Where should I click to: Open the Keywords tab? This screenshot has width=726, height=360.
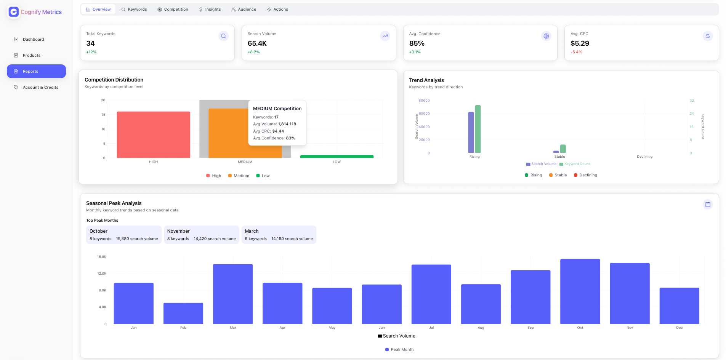click(134, 10)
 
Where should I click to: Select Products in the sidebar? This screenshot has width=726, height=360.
click(31, 56)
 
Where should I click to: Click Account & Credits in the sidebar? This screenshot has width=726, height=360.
click(40, 88)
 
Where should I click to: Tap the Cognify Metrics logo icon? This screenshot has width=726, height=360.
click(14, 12)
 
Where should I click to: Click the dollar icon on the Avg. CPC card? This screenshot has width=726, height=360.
click(708, 36)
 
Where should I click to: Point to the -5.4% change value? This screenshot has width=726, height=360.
click(576, 52)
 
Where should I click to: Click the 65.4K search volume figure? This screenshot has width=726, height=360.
click(257, 43)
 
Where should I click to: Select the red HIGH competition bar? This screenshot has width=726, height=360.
click(153, 134)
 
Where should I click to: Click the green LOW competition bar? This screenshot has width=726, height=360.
click(337, 157)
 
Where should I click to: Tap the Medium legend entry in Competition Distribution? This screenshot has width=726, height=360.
click(239, 176)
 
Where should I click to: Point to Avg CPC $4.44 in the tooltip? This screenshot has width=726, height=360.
click(268, 131)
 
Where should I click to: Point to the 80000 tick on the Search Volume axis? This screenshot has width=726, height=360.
click(424, 101)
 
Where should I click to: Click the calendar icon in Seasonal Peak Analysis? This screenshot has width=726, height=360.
click(708, 205)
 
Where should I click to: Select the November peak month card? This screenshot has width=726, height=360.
click(201, 235)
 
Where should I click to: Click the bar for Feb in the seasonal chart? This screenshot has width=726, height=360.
click(183, 314)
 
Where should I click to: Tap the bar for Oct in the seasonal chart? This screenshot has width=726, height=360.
click(580, 291)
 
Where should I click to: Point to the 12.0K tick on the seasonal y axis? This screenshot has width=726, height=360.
click(102, 274)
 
